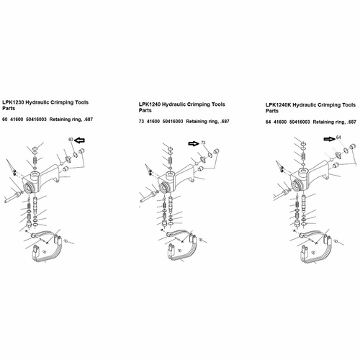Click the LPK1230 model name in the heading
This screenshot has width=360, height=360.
(x=13, y=102)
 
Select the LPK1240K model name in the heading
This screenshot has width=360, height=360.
(x=278, y=105)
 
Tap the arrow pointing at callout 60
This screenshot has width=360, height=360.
(x=79, y=140)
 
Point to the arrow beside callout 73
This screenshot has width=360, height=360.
(x=194, y=143)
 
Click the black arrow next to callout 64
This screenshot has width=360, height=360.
(x=330, y=139)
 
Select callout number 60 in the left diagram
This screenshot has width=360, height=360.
(x=71, y=140)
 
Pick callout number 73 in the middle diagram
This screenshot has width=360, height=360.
(x=203, y=143)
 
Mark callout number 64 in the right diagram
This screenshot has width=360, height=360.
(x=338, y=138)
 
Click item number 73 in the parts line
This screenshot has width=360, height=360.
(x=141, y=122)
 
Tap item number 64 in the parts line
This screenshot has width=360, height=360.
(x=268, y=122)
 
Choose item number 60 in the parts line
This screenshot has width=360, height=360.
(x=5, y=120)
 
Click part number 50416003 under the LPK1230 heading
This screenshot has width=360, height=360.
(x=36, y=120)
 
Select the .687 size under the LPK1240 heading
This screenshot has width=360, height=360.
(x=225, y=122)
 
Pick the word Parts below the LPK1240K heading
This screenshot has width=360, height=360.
(x=272, y=111)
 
